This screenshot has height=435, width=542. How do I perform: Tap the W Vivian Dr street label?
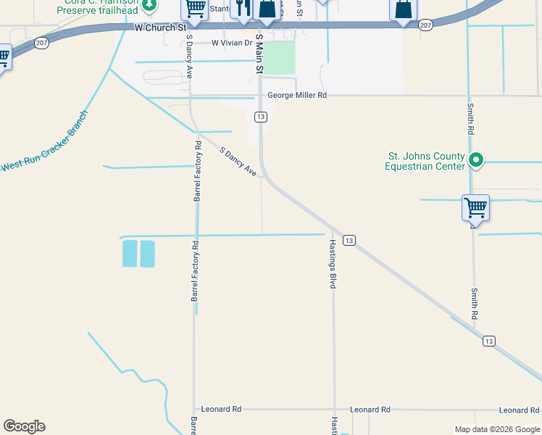[232, 43]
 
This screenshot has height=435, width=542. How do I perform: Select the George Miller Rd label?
[297, 95]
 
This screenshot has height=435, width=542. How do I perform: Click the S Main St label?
[259, 53]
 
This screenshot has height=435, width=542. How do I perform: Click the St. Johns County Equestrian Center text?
[426, 161]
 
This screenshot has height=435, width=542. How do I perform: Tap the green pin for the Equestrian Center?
[476, 159]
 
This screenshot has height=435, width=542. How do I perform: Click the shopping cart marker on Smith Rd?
[476, 208]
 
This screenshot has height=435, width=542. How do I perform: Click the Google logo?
[24, 426]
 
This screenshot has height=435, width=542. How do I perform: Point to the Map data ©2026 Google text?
[496, 429]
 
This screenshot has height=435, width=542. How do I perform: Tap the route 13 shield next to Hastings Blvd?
[349, 240]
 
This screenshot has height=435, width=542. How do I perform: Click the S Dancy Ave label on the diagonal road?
[238, 162]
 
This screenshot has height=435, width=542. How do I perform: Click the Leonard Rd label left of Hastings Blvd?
[221, 410]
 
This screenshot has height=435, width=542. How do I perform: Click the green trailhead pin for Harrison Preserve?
[149, 5]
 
